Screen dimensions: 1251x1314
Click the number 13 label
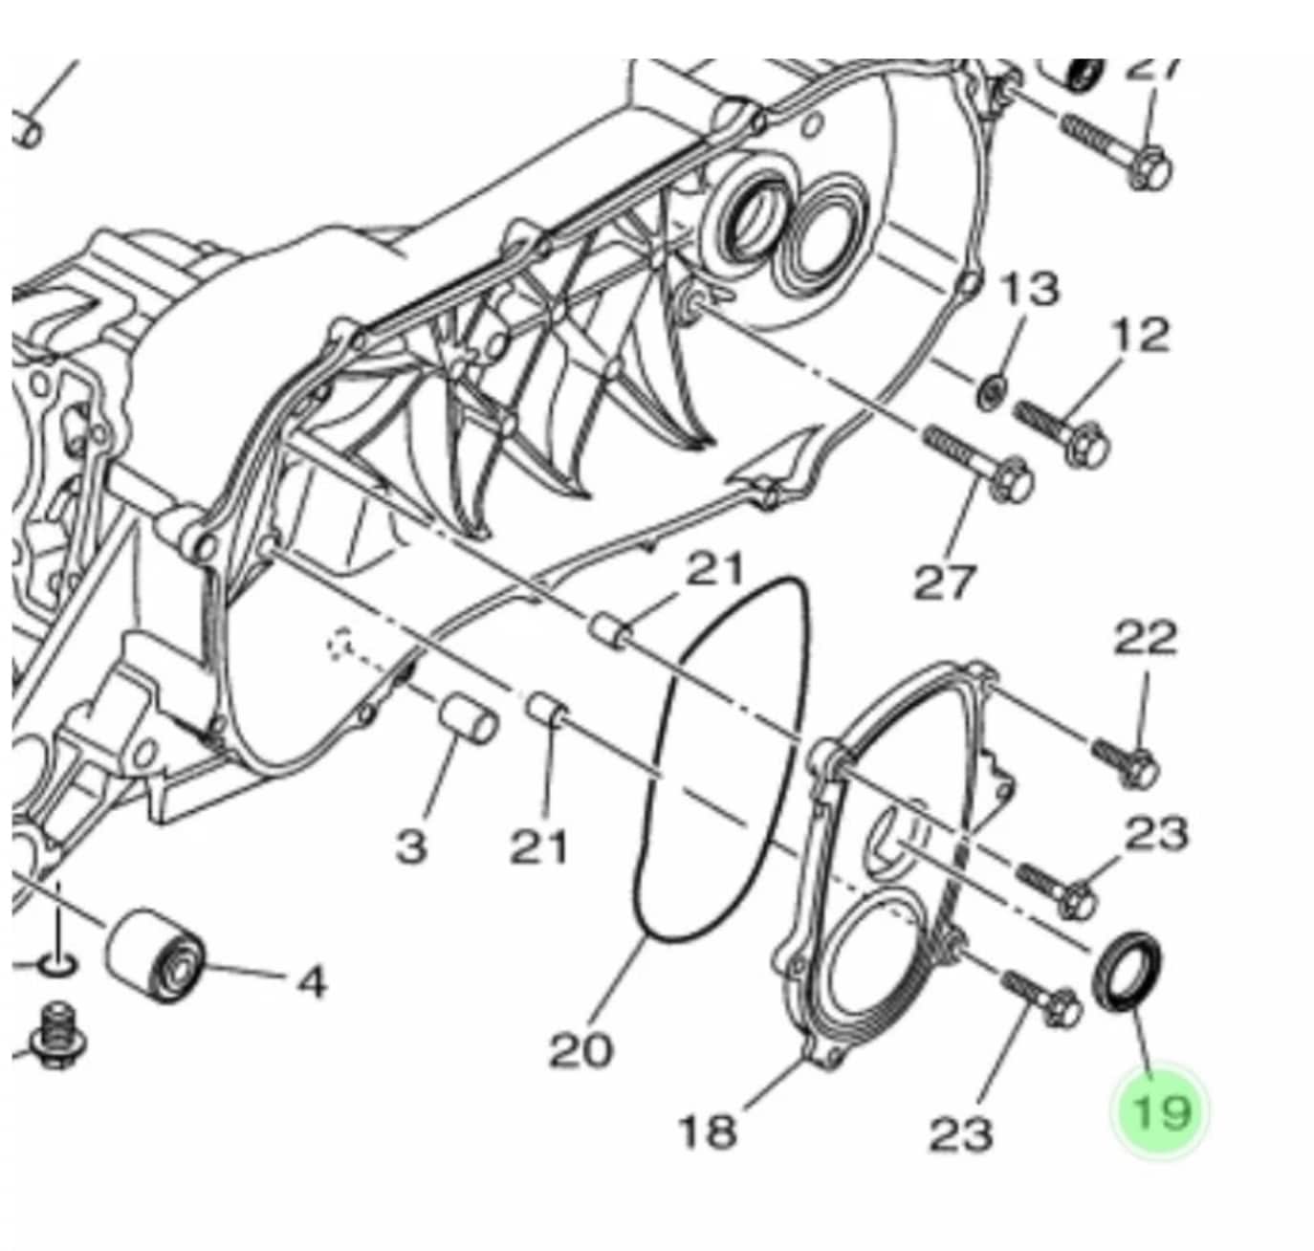tap(1029, 288)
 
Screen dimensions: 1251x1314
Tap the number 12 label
tap(1140, 336)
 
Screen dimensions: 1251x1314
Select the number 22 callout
tap(1146, 638)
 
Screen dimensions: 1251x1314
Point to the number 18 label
tap(707, 1131)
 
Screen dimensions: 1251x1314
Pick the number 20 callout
tap(580, 1051)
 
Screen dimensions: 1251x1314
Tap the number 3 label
tap(411, 845)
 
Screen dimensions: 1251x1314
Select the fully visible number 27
tap(945, 582)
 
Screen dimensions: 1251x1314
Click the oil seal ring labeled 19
tap(1128, 972)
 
